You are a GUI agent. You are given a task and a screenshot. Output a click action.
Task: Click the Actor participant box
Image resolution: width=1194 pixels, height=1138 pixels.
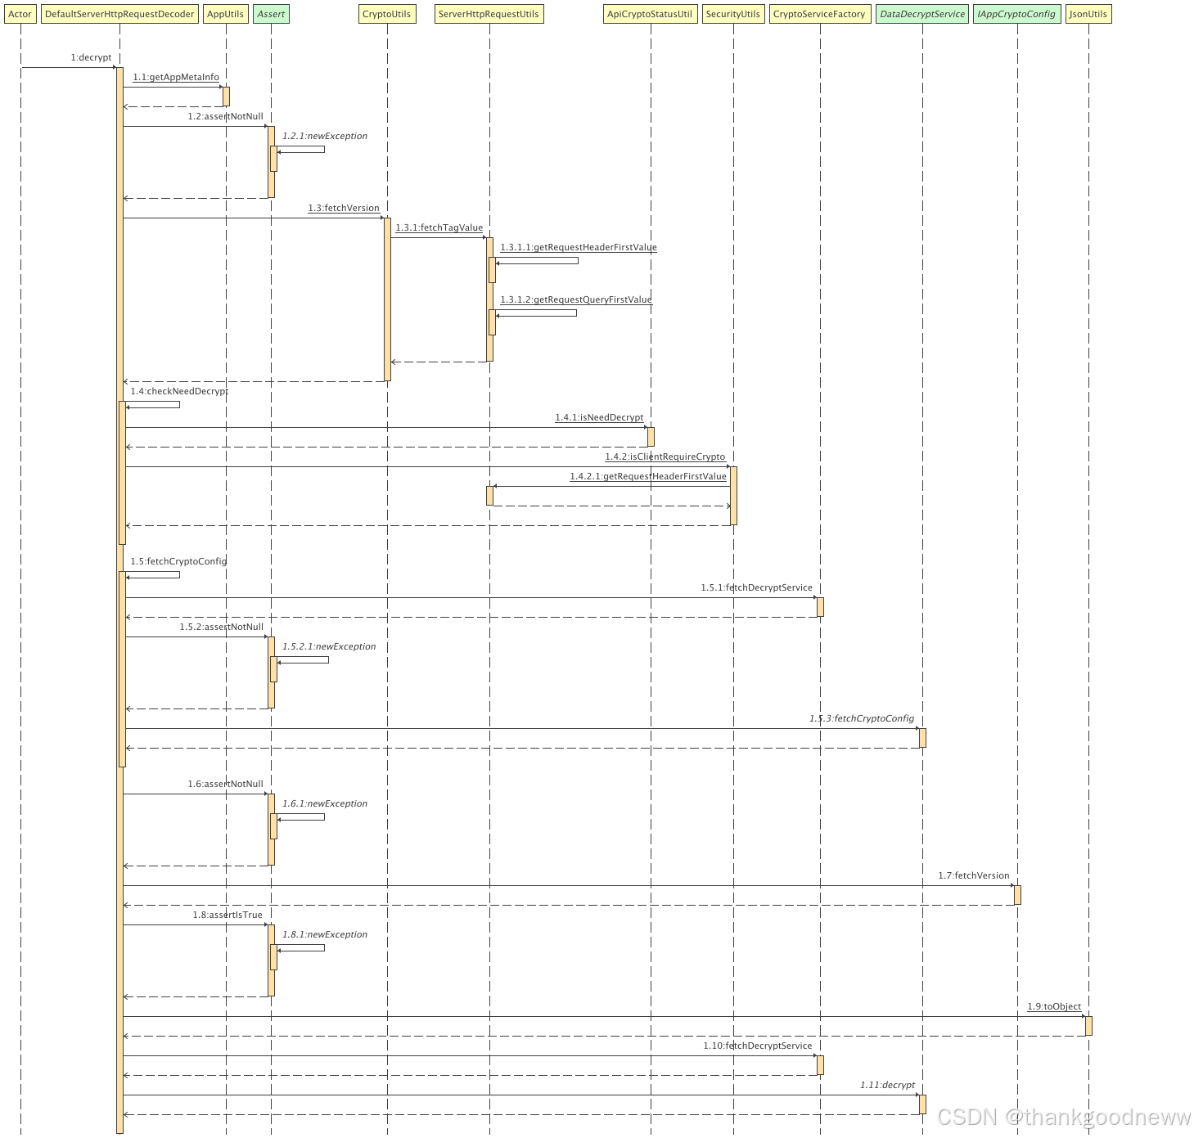[x=20, y=14]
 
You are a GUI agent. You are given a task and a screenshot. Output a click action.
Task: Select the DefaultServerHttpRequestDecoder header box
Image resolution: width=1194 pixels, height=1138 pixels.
[x=119, y=14]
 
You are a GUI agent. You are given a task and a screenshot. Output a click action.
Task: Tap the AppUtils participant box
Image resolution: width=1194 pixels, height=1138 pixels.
[x=225, y=14]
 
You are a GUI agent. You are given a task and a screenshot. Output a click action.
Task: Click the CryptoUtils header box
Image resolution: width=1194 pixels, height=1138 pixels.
[x=386, y=14]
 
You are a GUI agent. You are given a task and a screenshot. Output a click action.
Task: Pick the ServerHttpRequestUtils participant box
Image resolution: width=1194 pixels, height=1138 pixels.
[x=489, y=14]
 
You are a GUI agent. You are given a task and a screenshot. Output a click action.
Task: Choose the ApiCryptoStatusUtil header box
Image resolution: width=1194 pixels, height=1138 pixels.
[x=650, y=14]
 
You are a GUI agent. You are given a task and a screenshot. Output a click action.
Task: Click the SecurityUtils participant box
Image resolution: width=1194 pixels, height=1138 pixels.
[x=732, y=14]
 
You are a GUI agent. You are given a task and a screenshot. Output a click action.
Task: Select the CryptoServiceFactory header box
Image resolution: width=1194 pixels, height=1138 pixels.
[x=819, y=14]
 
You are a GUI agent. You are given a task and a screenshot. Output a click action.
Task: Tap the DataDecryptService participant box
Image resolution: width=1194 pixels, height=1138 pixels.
[x=922, y=14]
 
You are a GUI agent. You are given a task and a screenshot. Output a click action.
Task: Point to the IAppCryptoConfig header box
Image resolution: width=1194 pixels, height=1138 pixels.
[x=1016, y=14]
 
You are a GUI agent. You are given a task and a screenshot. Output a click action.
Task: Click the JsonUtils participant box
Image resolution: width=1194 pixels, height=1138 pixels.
[x=1088, y=14]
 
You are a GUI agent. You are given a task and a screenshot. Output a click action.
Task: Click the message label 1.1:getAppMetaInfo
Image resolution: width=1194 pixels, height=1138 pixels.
[x=176, y=77]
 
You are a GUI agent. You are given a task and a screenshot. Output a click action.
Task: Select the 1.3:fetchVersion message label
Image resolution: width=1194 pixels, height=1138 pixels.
[x=344, y=208]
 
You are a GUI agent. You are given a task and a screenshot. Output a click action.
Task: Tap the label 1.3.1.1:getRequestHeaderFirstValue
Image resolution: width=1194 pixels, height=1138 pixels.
[x=579, y=247]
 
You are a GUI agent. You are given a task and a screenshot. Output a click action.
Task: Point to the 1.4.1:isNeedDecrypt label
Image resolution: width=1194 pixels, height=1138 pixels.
[x=599, y=417]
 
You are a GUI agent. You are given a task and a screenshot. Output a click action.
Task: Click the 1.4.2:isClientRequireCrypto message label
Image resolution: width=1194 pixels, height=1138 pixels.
[x=665, y=457]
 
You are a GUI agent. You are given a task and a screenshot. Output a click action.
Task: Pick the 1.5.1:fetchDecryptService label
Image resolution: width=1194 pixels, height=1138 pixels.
[x=756, y=587]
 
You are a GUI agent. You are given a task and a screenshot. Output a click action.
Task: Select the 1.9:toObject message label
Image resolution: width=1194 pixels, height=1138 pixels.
[x=1054, y=1006]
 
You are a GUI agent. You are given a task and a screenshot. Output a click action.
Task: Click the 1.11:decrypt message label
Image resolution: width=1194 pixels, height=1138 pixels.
[x=887, y=1085]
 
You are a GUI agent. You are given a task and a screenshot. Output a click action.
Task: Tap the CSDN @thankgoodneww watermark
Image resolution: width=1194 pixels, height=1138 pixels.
[x=1063, y=1116]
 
